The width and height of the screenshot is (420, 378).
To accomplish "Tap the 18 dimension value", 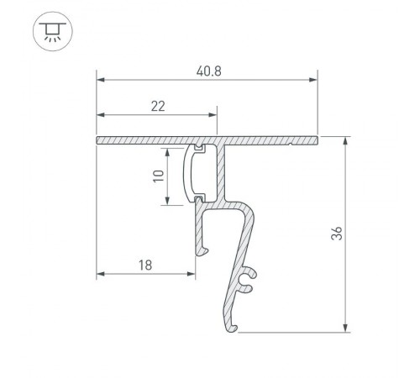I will [144, 265].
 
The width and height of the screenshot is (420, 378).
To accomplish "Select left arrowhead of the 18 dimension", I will [101, 274].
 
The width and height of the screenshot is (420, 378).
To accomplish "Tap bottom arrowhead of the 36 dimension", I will [345, 328].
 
